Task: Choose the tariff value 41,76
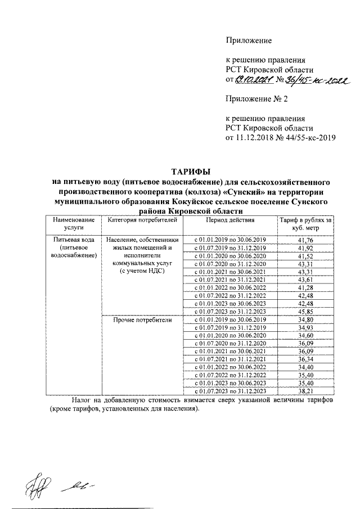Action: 306,240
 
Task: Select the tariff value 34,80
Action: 306,319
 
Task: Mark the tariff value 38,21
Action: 306,391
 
